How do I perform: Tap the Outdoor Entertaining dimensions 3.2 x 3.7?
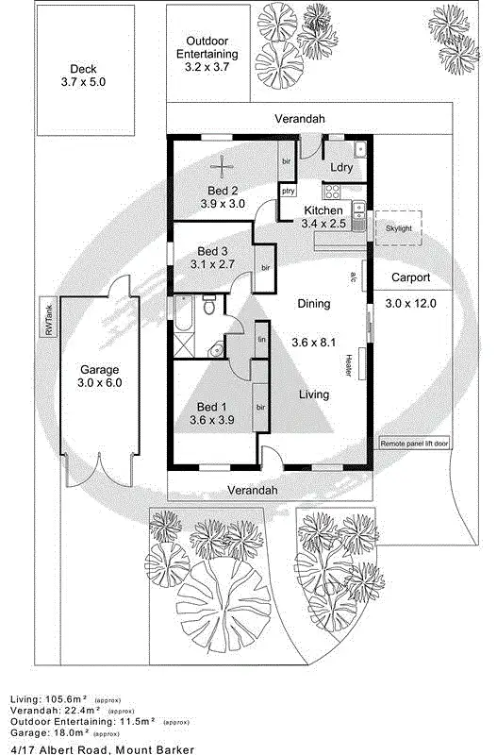[x=210, y=68]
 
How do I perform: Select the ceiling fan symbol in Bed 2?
[x=224, y=168]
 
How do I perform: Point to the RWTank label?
[x=48, y=318]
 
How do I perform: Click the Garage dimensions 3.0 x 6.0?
[x=99, y=383]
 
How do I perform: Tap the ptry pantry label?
[x=288, y=192]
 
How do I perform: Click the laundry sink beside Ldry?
[x=360, y=149]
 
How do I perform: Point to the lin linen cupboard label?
[x=262, y=338]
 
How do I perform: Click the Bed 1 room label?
[x=207, y=407]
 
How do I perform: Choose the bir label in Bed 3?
[x=266, y=268]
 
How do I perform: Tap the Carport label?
[x=408, y=278]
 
